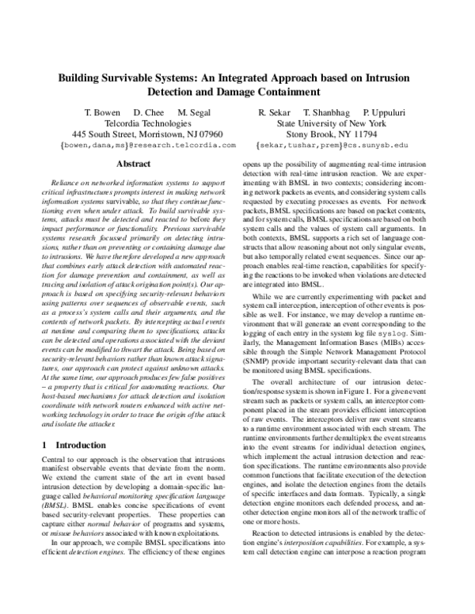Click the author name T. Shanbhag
(327, 112)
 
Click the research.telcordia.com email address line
(148, 146)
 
